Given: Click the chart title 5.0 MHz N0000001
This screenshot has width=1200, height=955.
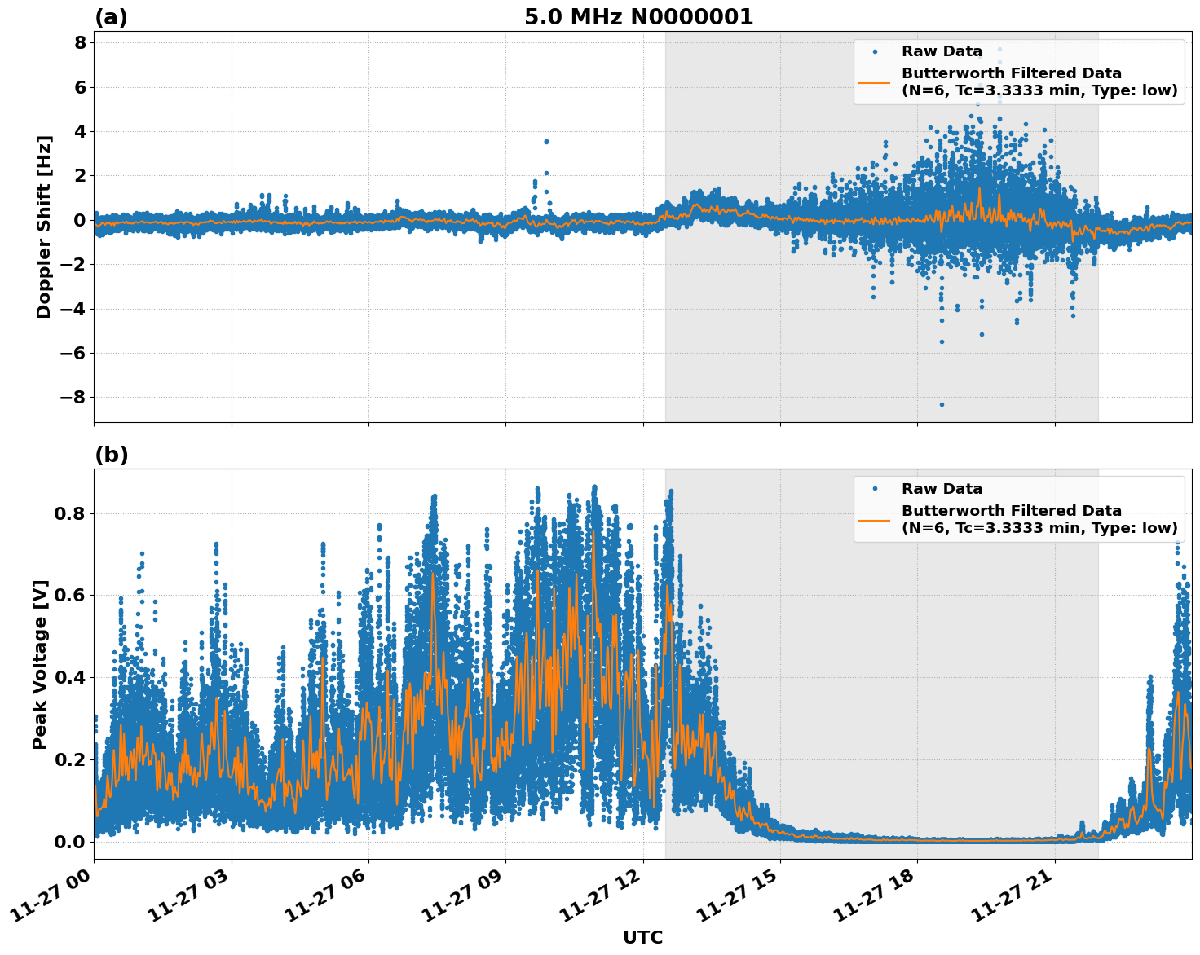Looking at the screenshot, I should pos(638,17).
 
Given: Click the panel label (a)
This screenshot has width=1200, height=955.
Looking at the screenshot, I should pos(111,17).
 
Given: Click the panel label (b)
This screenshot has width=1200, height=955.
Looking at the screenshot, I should pos(111,455).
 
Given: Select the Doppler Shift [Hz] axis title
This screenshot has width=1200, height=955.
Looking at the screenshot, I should pos(44,227).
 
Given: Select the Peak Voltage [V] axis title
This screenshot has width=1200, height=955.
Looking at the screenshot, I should pos(40,664).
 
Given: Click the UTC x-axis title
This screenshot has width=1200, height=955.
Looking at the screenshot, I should pos(642,937).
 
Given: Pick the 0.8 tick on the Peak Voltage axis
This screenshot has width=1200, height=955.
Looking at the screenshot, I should pos(71,514).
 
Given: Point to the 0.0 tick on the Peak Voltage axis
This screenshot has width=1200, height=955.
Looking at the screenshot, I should pos(71,842).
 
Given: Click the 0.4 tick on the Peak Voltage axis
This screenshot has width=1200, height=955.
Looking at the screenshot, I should pos(71,678).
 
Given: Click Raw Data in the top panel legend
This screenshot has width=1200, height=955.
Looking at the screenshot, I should pos(942,51).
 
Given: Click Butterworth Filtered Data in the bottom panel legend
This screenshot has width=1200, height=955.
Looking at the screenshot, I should pos(1011,511).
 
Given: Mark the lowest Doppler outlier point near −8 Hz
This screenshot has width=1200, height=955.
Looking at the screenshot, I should pos(942,404).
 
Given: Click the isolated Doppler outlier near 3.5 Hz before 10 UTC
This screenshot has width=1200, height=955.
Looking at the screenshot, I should pos(546,142).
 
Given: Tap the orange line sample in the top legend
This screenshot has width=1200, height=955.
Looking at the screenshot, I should pos(874,82).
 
